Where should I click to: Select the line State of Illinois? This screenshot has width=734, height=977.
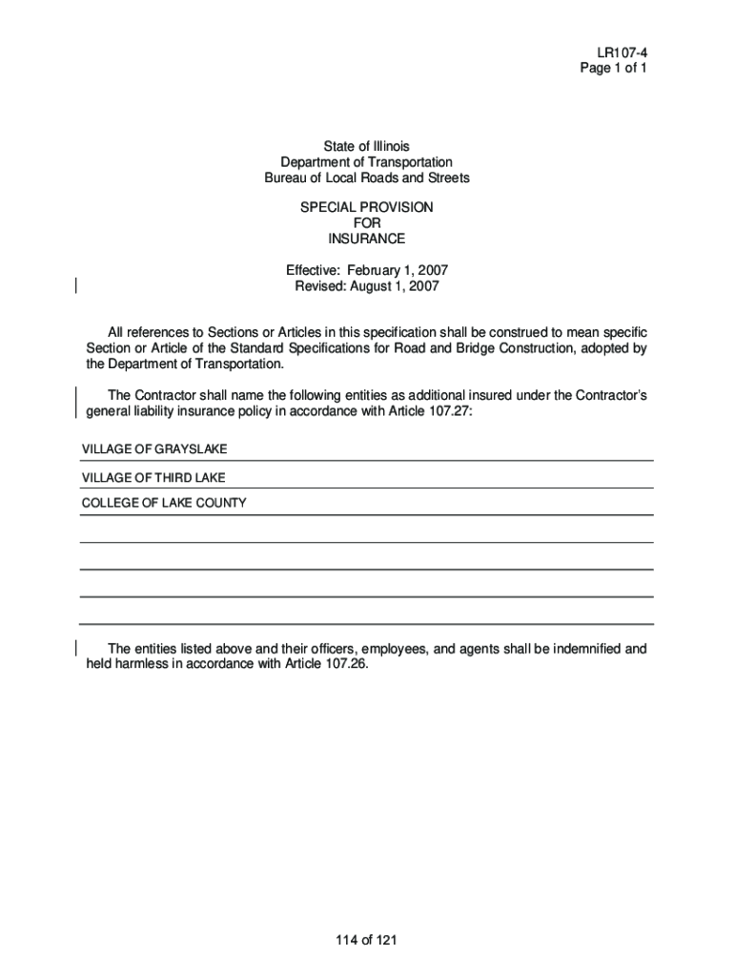click(x=366, y=146)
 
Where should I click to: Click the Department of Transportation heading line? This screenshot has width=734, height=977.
click(x=366, y=162)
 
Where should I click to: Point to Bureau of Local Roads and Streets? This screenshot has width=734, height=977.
click(x=366, y=178)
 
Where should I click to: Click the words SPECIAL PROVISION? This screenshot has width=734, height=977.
click(x=366, y=207)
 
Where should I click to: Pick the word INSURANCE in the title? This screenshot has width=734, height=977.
click(x=366, y=239)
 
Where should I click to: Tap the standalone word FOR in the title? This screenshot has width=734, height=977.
click(x=366, y=223)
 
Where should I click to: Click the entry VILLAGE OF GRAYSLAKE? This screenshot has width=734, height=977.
click(x=154, y=448)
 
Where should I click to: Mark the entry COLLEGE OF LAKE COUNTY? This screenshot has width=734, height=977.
click(x=164, y=503)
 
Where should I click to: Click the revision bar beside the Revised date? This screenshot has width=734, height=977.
click(x=76, y=283)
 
